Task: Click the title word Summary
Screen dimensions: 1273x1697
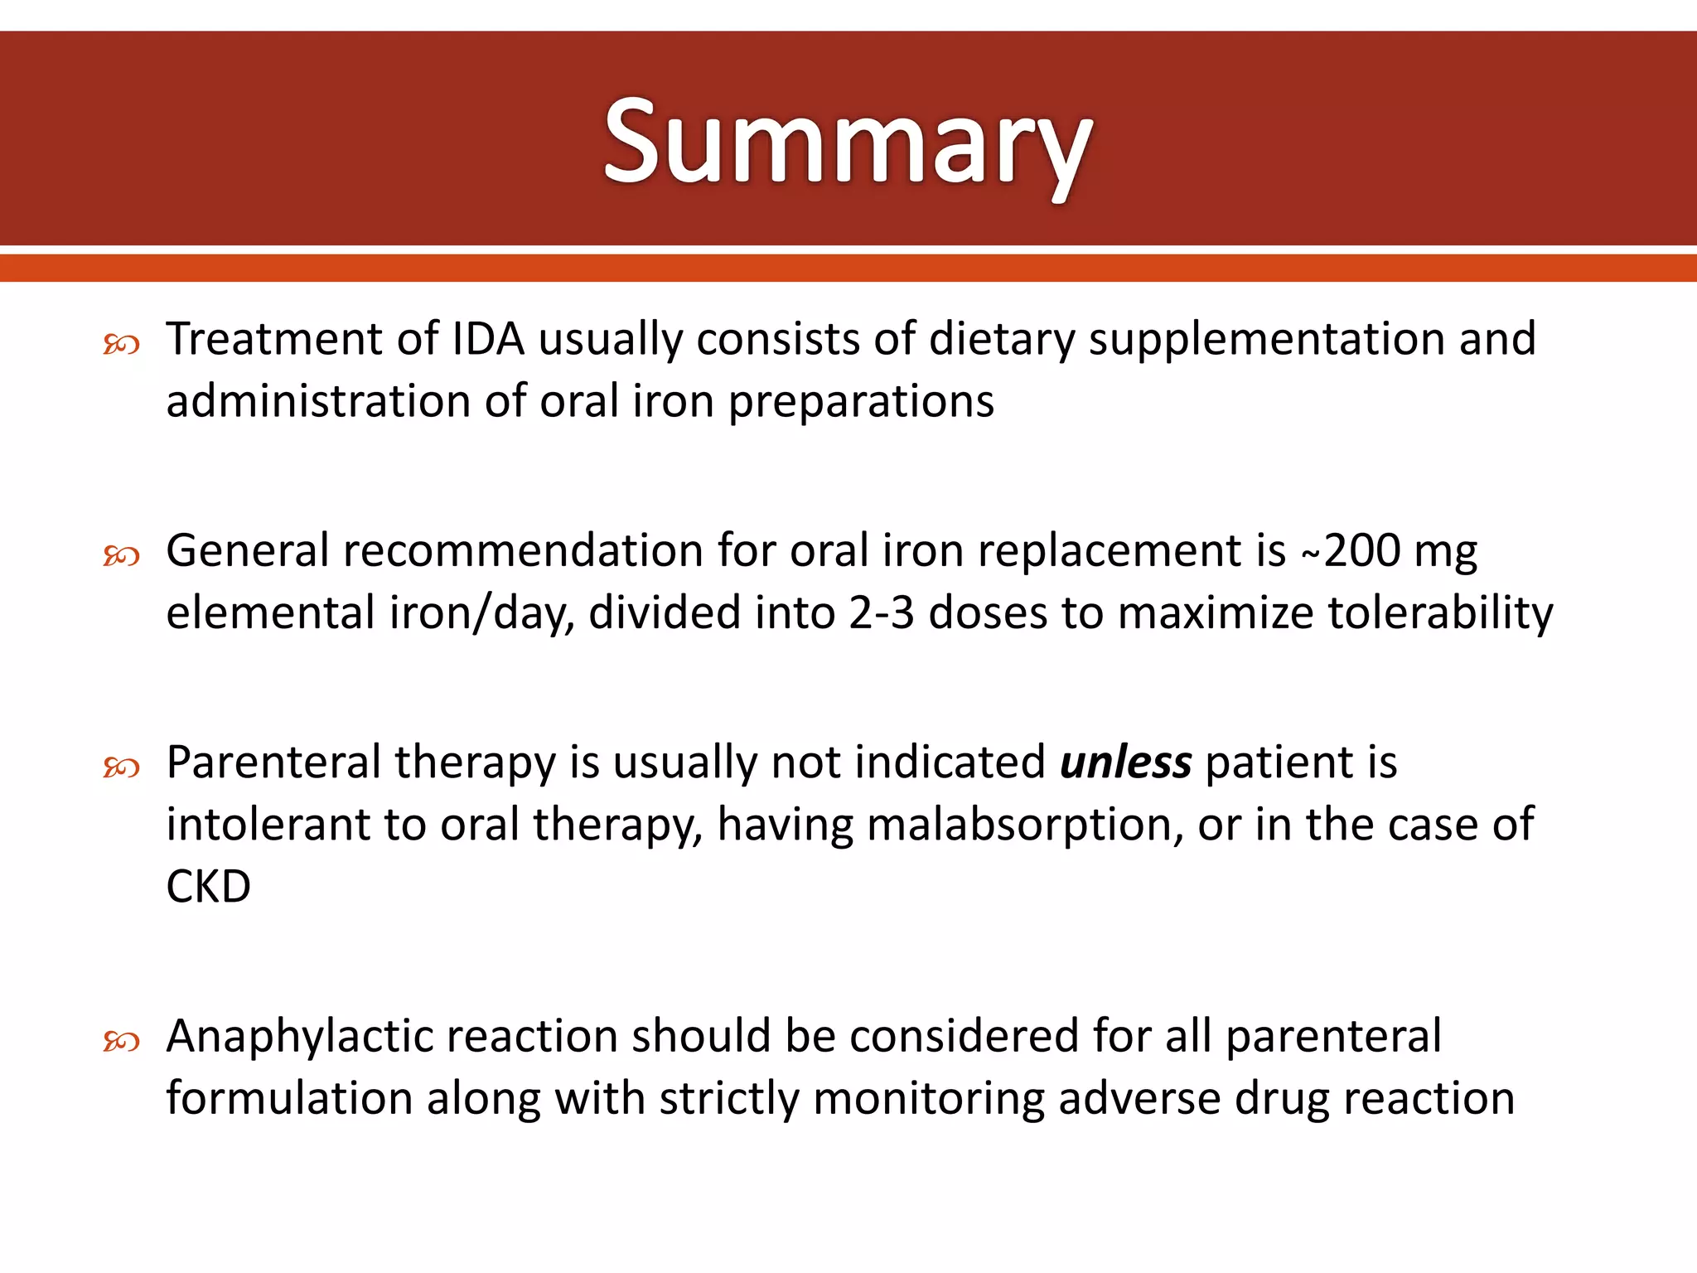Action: click(x=848, y=143)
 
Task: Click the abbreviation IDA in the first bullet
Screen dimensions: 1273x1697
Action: click(x=488, y=339)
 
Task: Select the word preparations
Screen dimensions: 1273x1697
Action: click(x=861, y=402)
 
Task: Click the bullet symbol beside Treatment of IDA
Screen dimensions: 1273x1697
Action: click(x=121, y=344)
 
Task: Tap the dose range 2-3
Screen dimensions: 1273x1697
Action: click(x=881, y=613)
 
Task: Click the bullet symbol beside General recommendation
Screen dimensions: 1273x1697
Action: click(x=121, y=555)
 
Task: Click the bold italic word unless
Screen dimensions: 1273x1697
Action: click(x=1125, y=762)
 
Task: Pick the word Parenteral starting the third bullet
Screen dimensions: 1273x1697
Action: click(x=273, y=762)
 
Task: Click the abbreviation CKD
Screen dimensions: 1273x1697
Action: click(x=208, y=887)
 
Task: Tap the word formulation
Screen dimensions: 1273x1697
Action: click(x=289, y=1099)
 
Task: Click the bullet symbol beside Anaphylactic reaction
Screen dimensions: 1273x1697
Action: click(x=121, y=1041)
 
